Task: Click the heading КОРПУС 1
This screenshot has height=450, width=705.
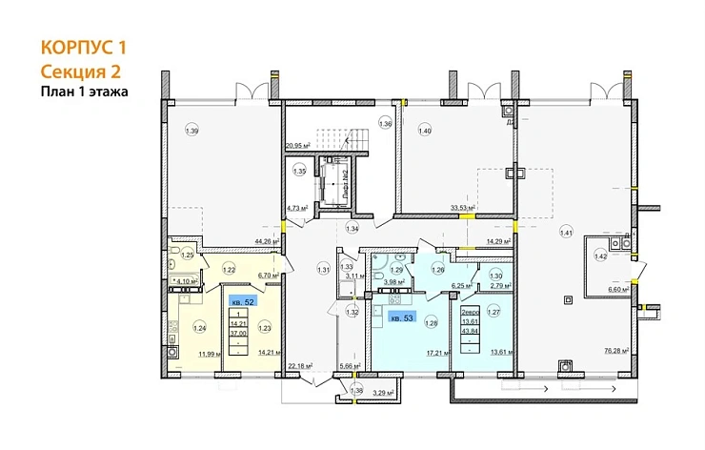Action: point(84,47)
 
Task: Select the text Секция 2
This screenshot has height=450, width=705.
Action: point(80,71)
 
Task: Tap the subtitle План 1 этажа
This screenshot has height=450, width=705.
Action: point(84,92)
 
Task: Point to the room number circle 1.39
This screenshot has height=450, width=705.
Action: point(193,131)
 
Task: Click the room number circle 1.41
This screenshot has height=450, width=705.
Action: point(567,232)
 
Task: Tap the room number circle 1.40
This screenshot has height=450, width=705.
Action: point(425,131)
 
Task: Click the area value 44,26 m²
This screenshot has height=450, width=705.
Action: point(265,241)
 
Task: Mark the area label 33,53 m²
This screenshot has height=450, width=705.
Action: point(460,207)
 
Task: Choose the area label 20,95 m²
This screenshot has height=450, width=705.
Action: point(298,146)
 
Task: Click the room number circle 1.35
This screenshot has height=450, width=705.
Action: point(299,173)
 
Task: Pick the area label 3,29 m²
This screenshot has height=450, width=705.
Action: point(382,392)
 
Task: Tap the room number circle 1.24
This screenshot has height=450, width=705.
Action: point(200,329)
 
